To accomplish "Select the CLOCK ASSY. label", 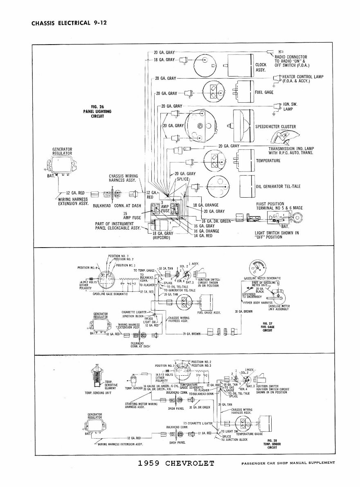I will [261, 67].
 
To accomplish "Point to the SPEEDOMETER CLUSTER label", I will [275, 127].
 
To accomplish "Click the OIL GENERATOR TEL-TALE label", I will [278, 186].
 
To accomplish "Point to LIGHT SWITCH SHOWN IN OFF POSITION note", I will [276, 235].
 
